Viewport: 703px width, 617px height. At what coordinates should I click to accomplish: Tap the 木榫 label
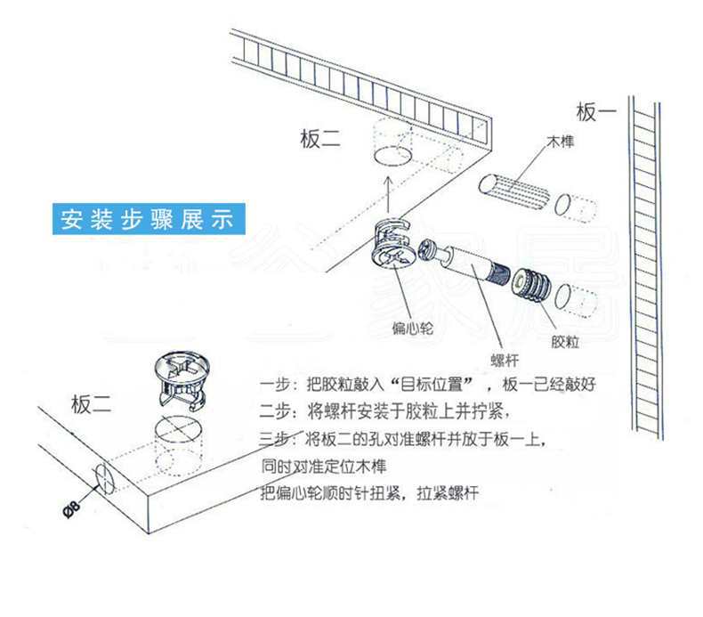point(561,142)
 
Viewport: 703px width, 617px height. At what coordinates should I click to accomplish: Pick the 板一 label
point(596,112)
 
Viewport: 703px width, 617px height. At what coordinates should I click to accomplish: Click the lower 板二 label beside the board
point(92,404)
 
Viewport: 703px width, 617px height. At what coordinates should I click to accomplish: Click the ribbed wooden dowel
point(514,191)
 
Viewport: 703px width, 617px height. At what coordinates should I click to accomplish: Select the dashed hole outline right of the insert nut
point(576,303)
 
